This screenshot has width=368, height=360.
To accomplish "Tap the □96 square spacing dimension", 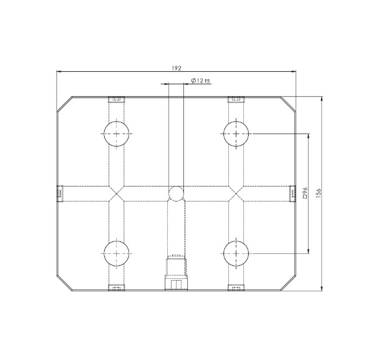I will click(305, 193).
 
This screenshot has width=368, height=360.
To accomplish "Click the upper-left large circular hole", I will click(117, 134).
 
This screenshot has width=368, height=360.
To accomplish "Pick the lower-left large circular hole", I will click(117, 253).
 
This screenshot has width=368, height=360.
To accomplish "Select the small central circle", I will click(177, 193).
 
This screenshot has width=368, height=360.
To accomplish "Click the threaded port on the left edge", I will click(60, 193).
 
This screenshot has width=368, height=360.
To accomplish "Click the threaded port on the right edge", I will click(293, 193).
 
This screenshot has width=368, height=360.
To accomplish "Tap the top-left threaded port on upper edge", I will click(117, 99).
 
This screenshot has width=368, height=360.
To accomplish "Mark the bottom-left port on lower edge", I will click(117, 288).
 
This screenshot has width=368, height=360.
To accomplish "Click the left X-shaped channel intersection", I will click(117, 193).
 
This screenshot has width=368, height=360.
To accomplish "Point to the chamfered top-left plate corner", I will click(64, 105).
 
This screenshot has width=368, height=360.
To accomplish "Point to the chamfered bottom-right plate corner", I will click(289, 283).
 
